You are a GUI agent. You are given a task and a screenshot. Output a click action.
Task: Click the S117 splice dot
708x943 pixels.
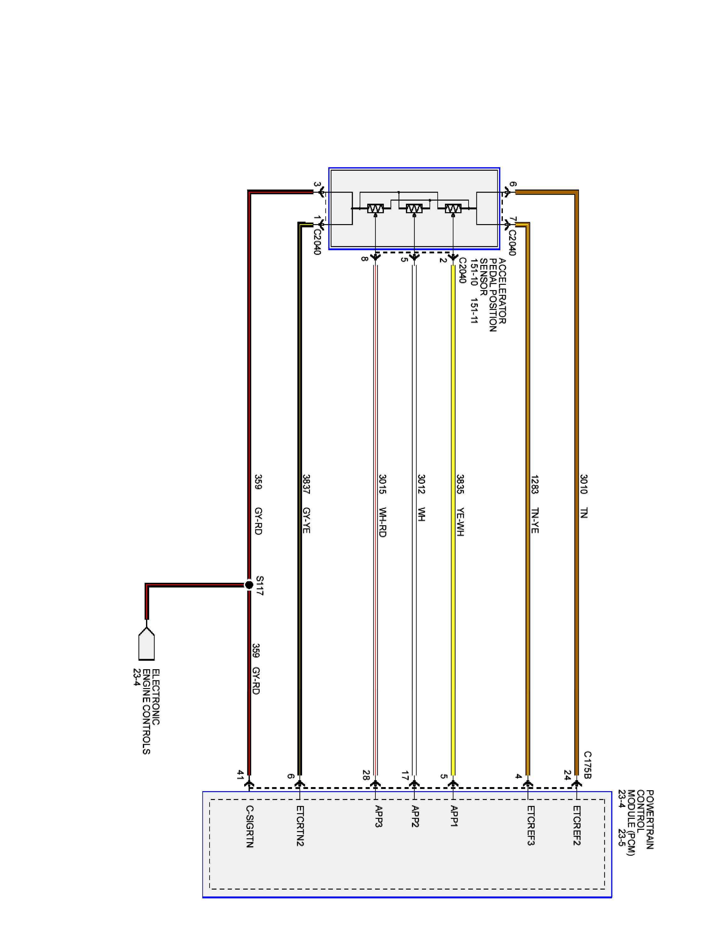(249, 584)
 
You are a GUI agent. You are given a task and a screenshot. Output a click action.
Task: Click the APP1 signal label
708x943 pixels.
(454, 816)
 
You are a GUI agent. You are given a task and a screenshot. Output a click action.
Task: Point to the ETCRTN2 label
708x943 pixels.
(300, 825)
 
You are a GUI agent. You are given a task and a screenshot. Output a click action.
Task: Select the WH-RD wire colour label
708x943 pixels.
(382, 522)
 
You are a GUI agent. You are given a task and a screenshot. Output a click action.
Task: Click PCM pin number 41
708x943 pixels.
(241, 775)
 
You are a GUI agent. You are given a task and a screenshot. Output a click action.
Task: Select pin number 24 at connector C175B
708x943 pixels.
(567, 775)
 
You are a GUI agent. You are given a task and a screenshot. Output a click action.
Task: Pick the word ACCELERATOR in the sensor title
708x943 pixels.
(502, 291)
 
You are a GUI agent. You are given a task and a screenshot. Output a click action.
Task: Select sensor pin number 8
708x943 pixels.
(364, 259)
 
